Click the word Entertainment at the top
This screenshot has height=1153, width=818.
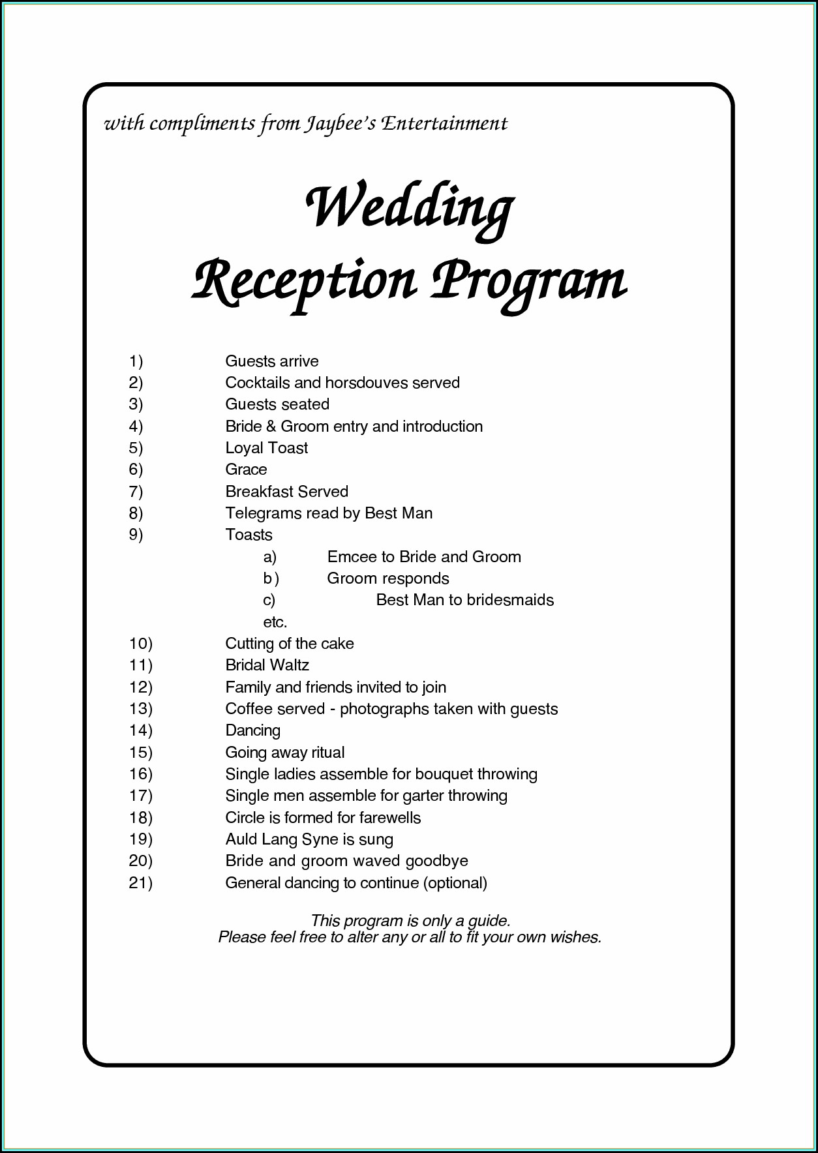click(x=444, y=123)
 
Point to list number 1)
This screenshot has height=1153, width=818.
click(x=136, y=361)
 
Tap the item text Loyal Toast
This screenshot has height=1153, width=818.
click(x=266, y=448)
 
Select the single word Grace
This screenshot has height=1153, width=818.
click(x=246, y=470)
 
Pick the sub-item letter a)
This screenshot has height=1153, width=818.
click(x=269, y=557)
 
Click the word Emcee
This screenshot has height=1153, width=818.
click(x=352, y=557)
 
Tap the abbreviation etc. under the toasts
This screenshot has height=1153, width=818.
click(x=275, y=622)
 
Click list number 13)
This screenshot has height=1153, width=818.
click(x=140, y=709)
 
